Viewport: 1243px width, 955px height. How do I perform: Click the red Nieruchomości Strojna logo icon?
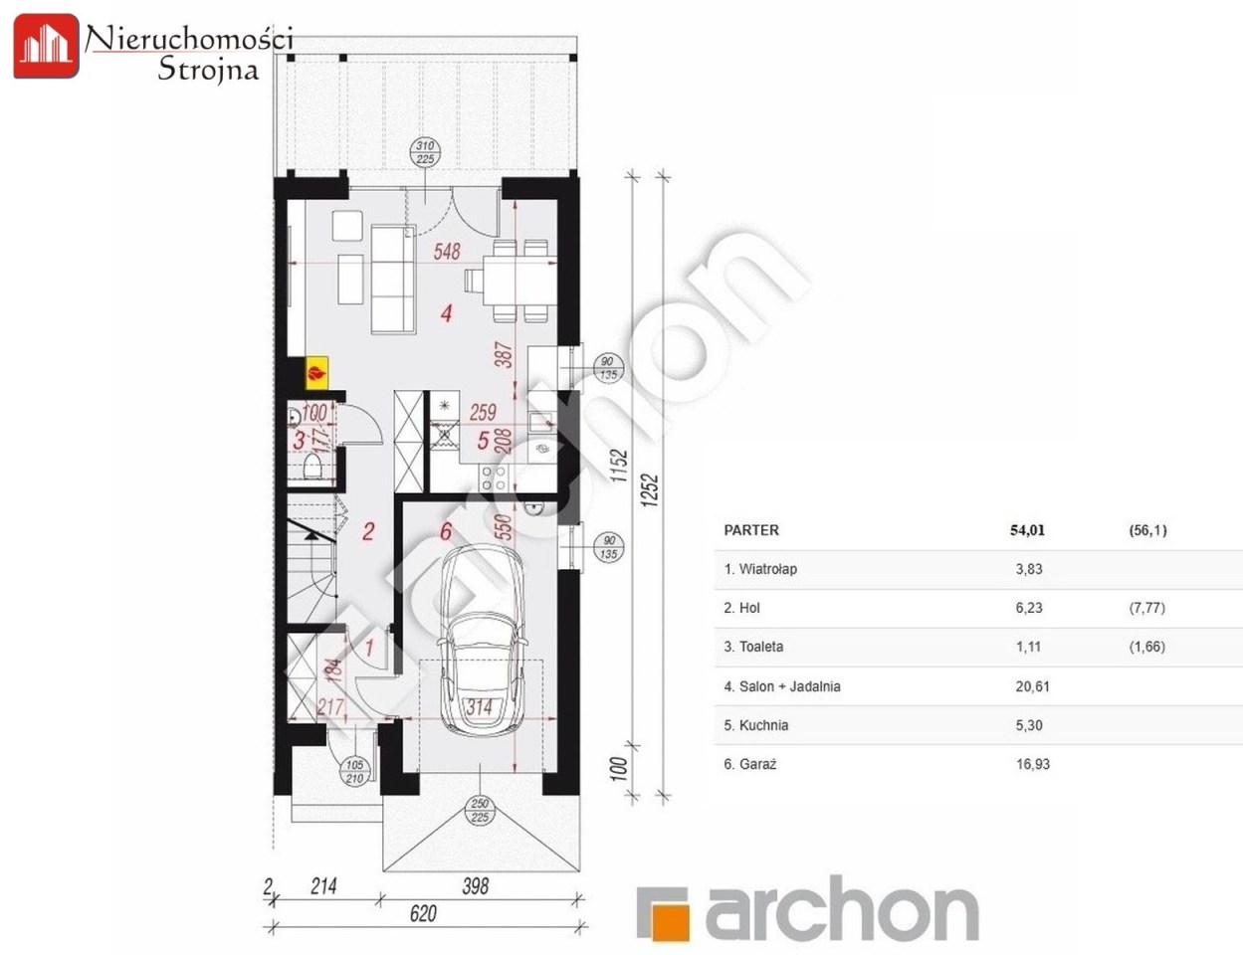(47, 47)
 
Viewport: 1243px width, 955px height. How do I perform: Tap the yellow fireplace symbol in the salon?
(316, 373)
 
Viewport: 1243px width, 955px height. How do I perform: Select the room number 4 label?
(446, 313)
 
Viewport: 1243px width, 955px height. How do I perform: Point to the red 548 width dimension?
(446, 252)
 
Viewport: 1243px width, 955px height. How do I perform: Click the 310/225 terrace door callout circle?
(425, 152)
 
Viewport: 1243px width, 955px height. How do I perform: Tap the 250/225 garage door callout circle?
(480, 811)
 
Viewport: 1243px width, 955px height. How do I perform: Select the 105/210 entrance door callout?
(354, 772)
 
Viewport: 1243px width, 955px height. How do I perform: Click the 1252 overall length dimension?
(650, 490)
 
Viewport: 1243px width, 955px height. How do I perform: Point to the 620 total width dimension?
(423, 913)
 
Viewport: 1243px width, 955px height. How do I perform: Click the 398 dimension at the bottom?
(475, 885)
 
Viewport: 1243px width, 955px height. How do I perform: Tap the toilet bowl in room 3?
(311, 467)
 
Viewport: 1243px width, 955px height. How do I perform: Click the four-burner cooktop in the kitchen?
(495, 477)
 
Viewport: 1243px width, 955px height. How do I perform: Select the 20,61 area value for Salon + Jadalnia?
(1032, 685)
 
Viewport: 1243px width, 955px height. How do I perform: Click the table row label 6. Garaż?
(750, 764)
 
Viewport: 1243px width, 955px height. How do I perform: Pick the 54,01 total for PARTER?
(1027, 530)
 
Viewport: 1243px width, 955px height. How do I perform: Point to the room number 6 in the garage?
(446, 531)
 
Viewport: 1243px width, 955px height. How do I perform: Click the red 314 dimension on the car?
(479, 707)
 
